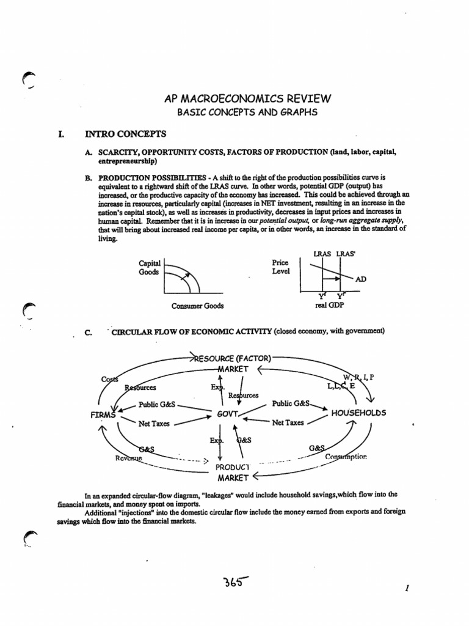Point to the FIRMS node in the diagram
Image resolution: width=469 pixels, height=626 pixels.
click(x=103, y=414)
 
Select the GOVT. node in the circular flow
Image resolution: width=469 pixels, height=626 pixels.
click(x=228, y=413)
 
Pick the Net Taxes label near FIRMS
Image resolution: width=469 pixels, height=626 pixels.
click(x=154, y=422)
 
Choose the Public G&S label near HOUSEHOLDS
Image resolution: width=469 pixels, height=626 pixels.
click(x=291, y=404)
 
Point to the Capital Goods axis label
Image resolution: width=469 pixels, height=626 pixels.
click(x=149, y=268)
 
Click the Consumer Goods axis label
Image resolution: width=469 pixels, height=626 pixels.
click(x=198, y=306)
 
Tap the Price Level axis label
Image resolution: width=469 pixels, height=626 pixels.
click(x=282, y=267)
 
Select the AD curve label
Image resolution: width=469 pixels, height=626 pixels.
click(x=361, y=279)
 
